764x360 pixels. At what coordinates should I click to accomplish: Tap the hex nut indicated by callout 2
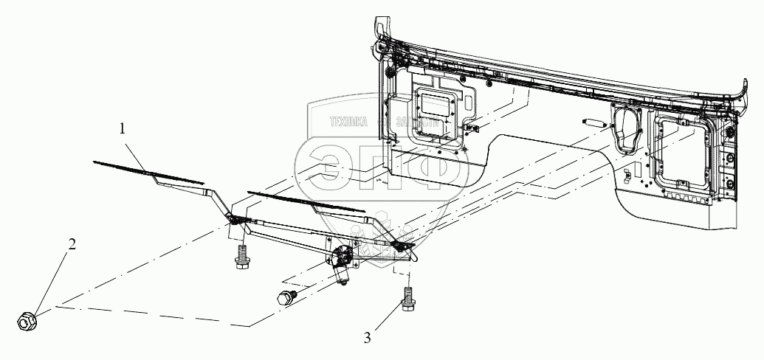pyautogui.click(x=27, y=322)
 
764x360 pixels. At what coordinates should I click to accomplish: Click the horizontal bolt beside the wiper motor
pyautogui.click(x=286, y=298)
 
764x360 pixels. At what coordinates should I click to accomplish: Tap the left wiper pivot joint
pyautogui.click(x=235, y=219)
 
